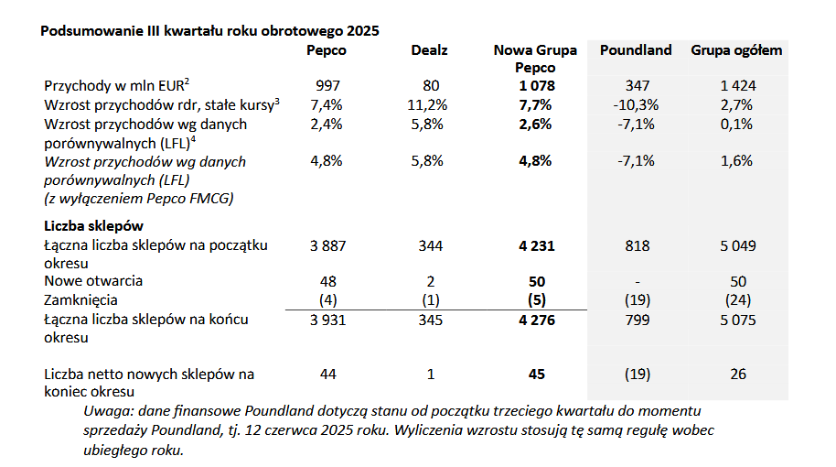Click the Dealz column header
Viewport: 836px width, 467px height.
[429, 50]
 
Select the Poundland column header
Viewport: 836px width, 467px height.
[636, 50]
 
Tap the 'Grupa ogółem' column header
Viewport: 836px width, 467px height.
[736, 50]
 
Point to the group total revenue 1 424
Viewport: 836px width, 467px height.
[737, 86]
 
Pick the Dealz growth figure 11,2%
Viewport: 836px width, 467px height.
[426, 104]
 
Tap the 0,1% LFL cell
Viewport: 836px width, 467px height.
[737, 124]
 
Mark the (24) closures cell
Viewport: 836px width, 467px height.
[737, 300]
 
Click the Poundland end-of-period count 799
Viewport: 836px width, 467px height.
[637, 320]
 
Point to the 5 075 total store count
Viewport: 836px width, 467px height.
[737, 320]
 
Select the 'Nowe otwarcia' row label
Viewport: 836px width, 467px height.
[93, 281]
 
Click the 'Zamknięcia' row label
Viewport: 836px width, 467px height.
[81, 300]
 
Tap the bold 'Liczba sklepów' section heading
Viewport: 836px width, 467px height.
[93, 225]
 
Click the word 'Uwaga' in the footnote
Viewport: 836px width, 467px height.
[103, 410]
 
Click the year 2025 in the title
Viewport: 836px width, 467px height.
[362, 30]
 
